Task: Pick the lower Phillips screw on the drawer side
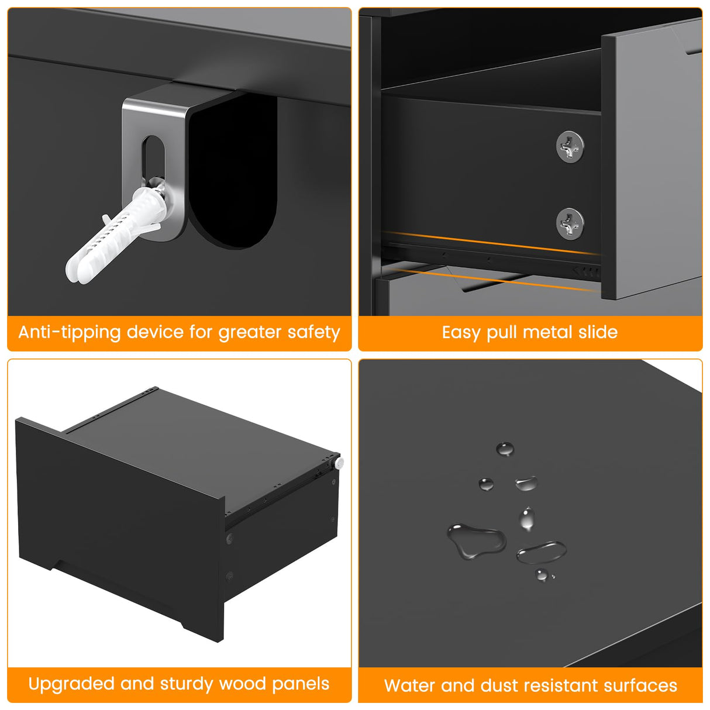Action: click(570, 223)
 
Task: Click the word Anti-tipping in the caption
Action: click(69, 333)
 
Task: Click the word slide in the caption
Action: click(598, 332)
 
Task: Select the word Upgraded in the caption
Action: click(71, 684)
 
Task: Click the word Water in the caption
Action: click(409, 685)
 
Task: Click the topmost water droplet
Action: click(505, 449)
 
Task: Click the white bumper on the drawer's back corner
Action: click(338, 463)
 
